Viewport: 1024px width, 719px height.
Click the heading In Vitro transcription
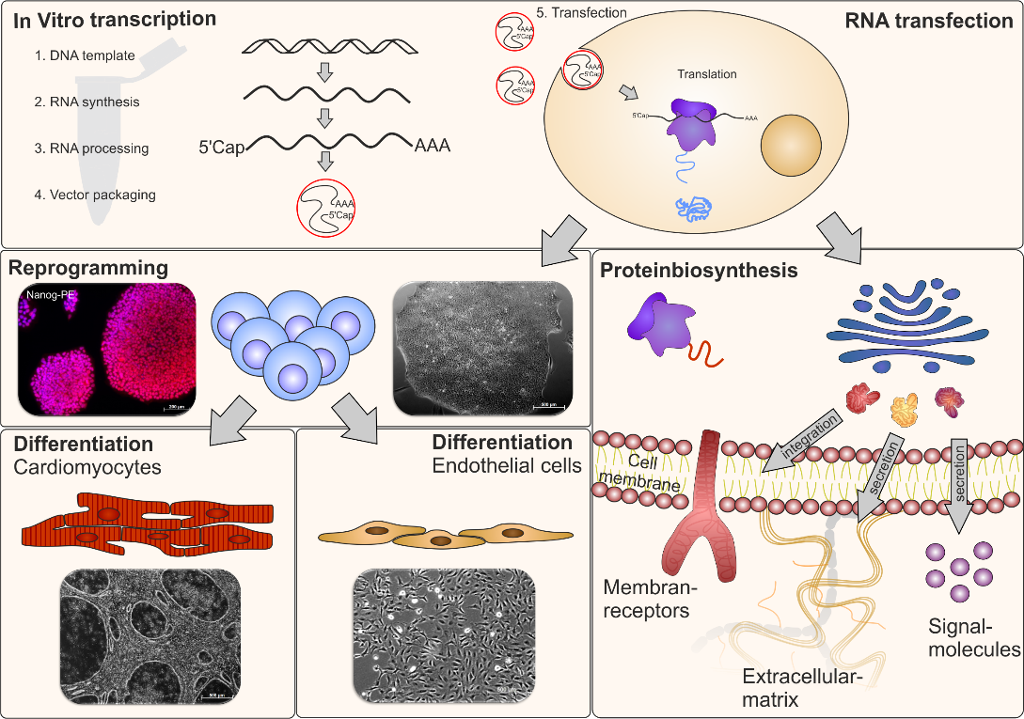click(x=116, y=19)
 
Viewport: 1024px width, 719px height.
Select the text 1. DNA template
click(x=85, y=55)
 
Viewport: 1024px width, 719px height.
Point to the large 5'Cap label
click(x=221, y=147)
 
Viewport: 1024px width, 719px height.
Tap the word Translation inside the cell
click(x=707, y=73)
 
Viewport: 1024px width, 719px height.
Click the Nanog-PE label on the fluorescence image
click(x=46, y=294)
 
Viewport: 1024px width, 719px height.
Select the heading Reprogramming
click(x=87, y=269)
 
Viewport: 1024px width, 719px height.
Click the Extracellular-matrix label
click(x=797, y=687)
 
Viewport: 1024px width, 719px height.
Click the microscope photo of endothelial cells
click(x=444, y=635)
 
